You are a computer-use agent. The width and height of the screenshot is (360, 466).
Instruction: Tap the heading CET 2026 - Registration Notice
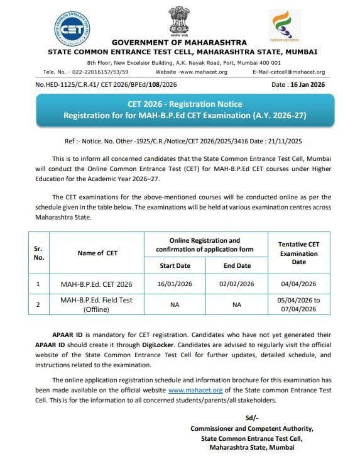click(x=180, y=104)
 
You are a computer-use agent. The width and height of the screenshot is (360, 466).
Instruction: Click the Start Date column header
click(x=175, y=265)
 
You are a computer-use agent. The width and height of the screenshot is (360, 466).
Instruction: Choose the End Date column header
click(x=237, y=265)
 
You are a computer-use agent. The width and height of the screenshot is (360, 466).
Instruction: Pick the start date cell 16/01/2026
click(x=175, y=284)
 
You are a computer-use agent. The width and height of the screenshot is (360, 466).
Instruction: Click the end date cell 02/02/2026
click(x=237, y=284)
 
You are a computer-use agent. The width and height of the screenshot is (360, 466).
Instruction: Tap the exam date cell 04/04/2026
click(x=299, y=284)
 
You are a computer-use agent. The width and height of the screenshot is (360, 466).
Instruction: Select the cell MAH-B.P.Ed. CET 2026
click(x=97, y=284)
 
